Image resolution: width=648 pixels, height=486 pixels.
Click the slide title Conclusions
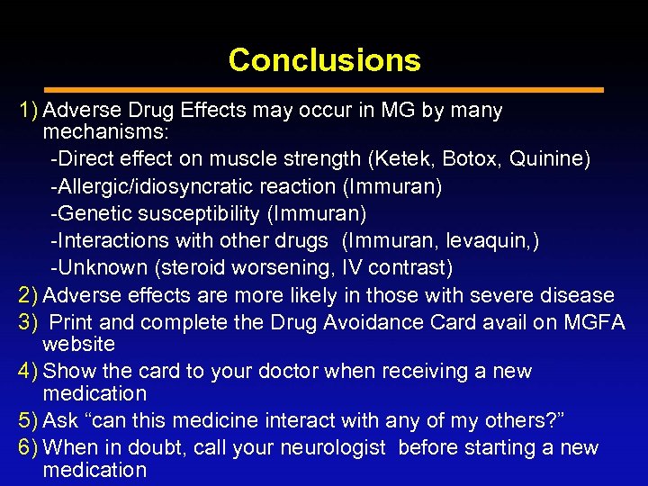(x=324, y=60)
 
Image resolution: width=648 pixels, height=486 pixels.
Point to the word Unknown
(x=94, y=267)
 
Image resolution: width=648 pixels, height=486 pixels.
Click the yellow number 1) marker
(x=29, y=111)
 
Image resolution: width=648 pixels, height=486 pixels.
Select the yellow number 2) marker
(x=29, y=295)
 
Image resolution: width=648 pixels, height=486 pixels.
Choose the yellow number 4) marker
(x=29, y=371)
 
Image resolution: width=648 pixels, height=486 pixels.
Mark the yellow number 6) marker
(x=29, y=447)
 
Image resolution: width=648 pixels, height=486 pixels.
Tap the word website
(x=78, y=344)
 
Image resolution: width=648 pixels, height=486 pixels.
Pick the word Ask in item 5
(x=60, y=420)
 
